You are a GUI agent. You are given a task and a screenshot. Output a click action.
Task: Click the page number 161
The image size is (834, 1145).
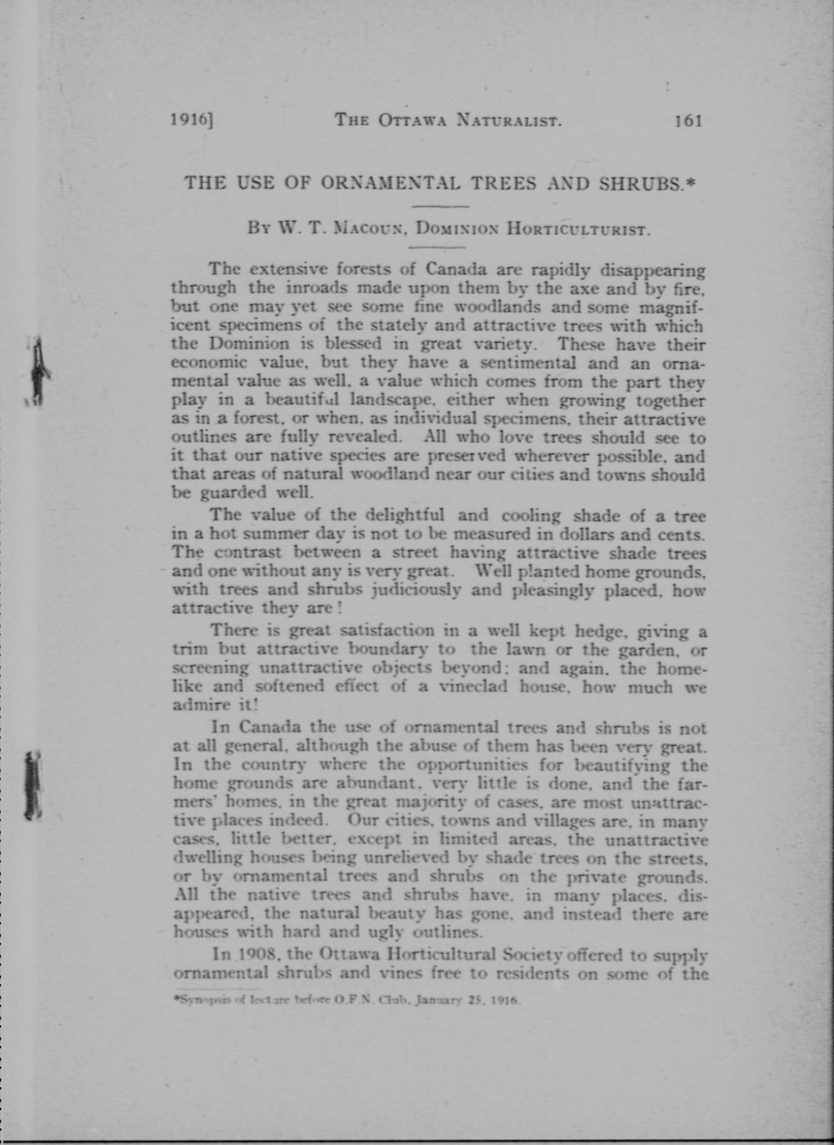[688, 121]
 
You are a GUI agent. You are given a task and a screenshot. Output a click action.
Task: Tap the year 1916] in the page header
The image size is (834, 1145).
[192, 121]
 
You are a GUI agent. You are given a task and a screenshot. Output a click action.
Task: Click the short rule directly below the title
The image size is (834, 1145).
[441, 206]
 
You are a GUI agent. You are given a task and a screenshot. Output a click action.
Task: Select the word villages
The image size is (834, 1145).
[565, 821]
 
